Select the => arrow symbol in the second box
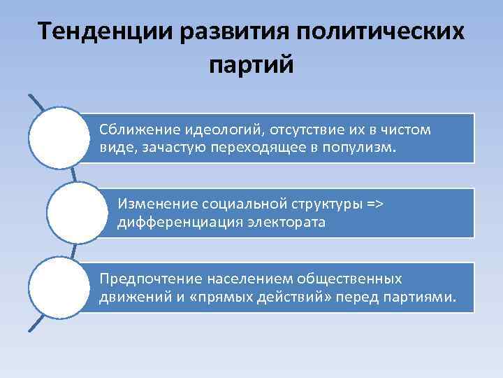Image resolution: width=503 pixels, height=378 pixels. coord(375,204)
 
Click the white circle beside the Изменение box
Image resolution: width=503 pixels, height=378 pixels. coord(75,213)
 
